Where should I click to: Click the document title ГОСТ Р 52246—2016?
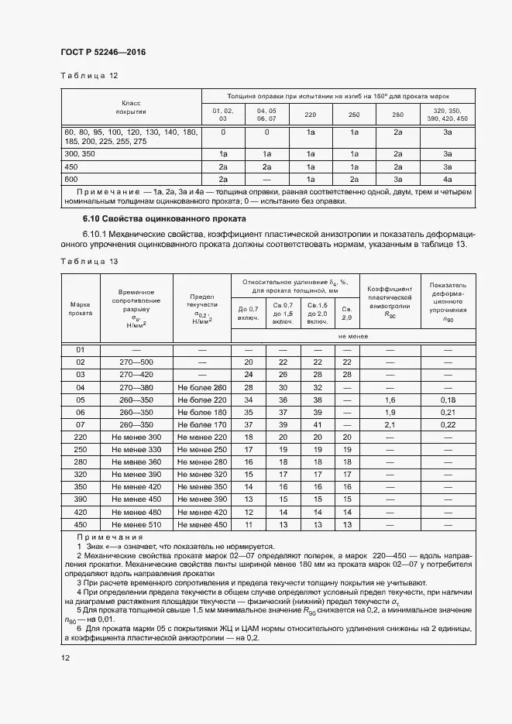[x=103, y=52]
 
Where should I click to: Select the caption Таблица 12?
[x=89, y=76]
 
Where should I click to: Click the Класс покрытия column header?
[x=130, y=108]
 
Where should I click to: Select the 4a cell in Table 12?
[x=448, y=179]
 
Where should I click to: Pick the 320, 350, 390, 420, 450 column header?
[x=448, y=115]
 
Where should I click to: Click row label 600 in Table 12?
[x=71, y=179]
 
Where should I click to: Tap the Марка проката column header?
[x=81, y=308]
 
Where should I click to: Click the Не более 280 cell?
[x=201, y=387]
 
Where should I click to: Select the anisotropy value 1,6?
[x=390, y=400]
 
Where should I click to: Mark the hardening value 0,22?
[x=448, y=424]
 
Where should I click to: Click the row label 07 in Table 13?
[x=81, y=424]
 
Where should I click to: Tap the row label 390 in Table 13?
[x=81, y=499]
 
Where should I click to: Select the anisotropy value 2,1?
[x=390, y=424]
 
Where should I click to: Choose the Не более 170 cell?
[x=201, y=424]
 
